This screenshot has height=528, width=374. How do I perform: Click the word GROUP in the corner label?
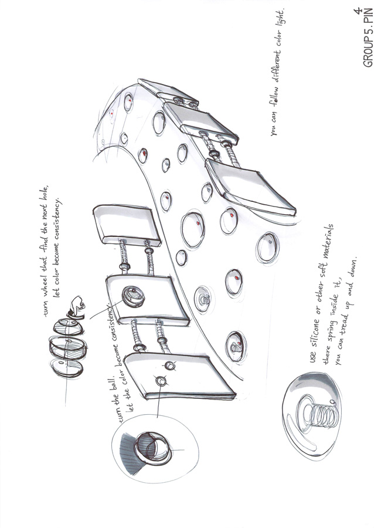click(368, 50)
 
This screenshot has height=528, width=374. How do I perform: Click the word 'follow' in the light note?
click(276, 97)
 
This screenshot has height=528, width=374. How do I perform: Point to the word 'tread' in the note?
click(342, 324)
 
